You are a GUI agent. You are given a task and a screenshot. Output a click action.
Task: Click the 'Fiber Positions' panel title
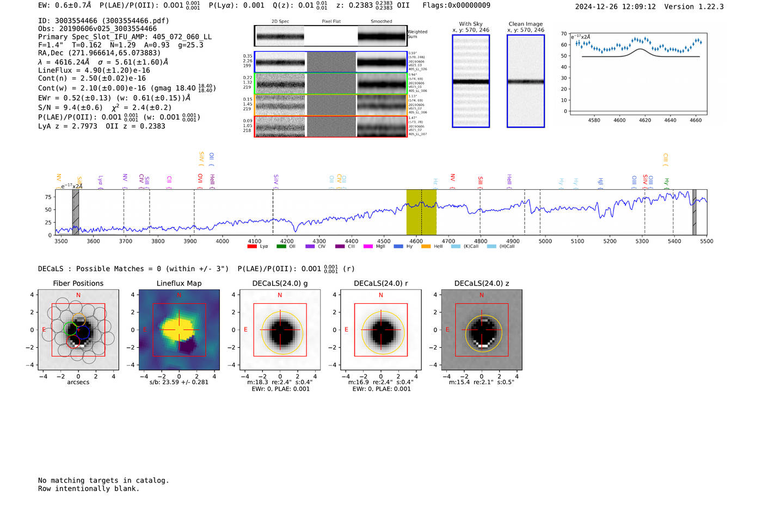pyautogui.click(x=78, y=283)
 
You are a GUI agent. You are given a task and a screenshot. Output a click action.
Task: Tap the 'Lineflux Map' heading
pyautogui.click(x=179, y=283)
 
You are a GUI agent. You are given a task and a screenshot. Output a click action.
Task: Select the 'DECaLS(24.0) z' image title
pyautogui.click(x=481, y=283)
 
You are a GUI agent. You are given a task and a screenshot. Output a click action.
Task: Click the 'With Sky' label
pyautogui.click(x=470, y=24)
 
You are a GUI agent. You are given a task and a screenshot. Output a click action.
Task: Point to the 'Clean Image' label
pyautogui.click(x=525, y=24)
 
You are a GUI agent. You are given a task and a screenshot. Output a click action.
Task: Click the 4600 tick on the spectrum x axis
pyautogui.click(x=416, y=241)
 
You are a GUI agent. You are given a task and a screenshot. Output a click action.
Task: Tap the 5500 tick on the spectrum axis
pyautogui.click(x=706, y=241)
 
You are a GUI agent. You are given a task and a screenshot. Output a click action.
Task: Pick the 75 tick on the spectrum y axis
pyautogui.click(x=48, y=197)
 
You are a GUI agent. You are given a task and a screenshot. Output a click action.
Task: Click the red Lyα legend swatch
pyautogui.click(x=251, y=247)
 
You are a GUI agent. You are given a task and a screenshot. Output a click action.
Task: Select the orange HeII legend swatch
pyautogui.click(x=426, y=247)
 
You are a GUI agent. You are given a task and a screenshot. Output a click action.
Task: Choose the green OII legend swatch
pyautogui.click(x=281, y=247)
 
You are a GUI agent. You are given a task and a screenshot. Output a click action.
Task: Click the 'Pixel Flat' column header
pyautogui.click(x=331, y=21)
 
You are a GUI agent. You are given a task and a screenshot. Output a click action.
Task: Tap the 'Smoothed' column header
pyautogui.click(x=381, y=21)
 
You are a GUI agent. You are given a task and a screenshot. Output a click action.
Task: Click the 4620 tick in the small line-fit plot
pyautogui.click(x=645, y=120)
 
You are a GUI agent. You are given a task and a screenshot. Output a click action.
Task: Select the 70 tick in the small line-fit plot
pyautogui.click(x=564, y=34)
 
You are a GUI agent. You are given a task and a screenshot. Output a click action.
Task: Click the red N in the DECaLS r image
pyautogui.click(x=380, y=295)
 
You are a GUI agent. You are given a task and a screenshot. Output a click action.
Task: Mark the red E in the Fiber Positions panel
pyautogui.click(x=44, y=330)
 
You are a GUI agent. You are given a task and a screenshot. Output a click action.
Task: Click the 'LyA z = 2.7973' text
pyautogui.click(x=67, y=126)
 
